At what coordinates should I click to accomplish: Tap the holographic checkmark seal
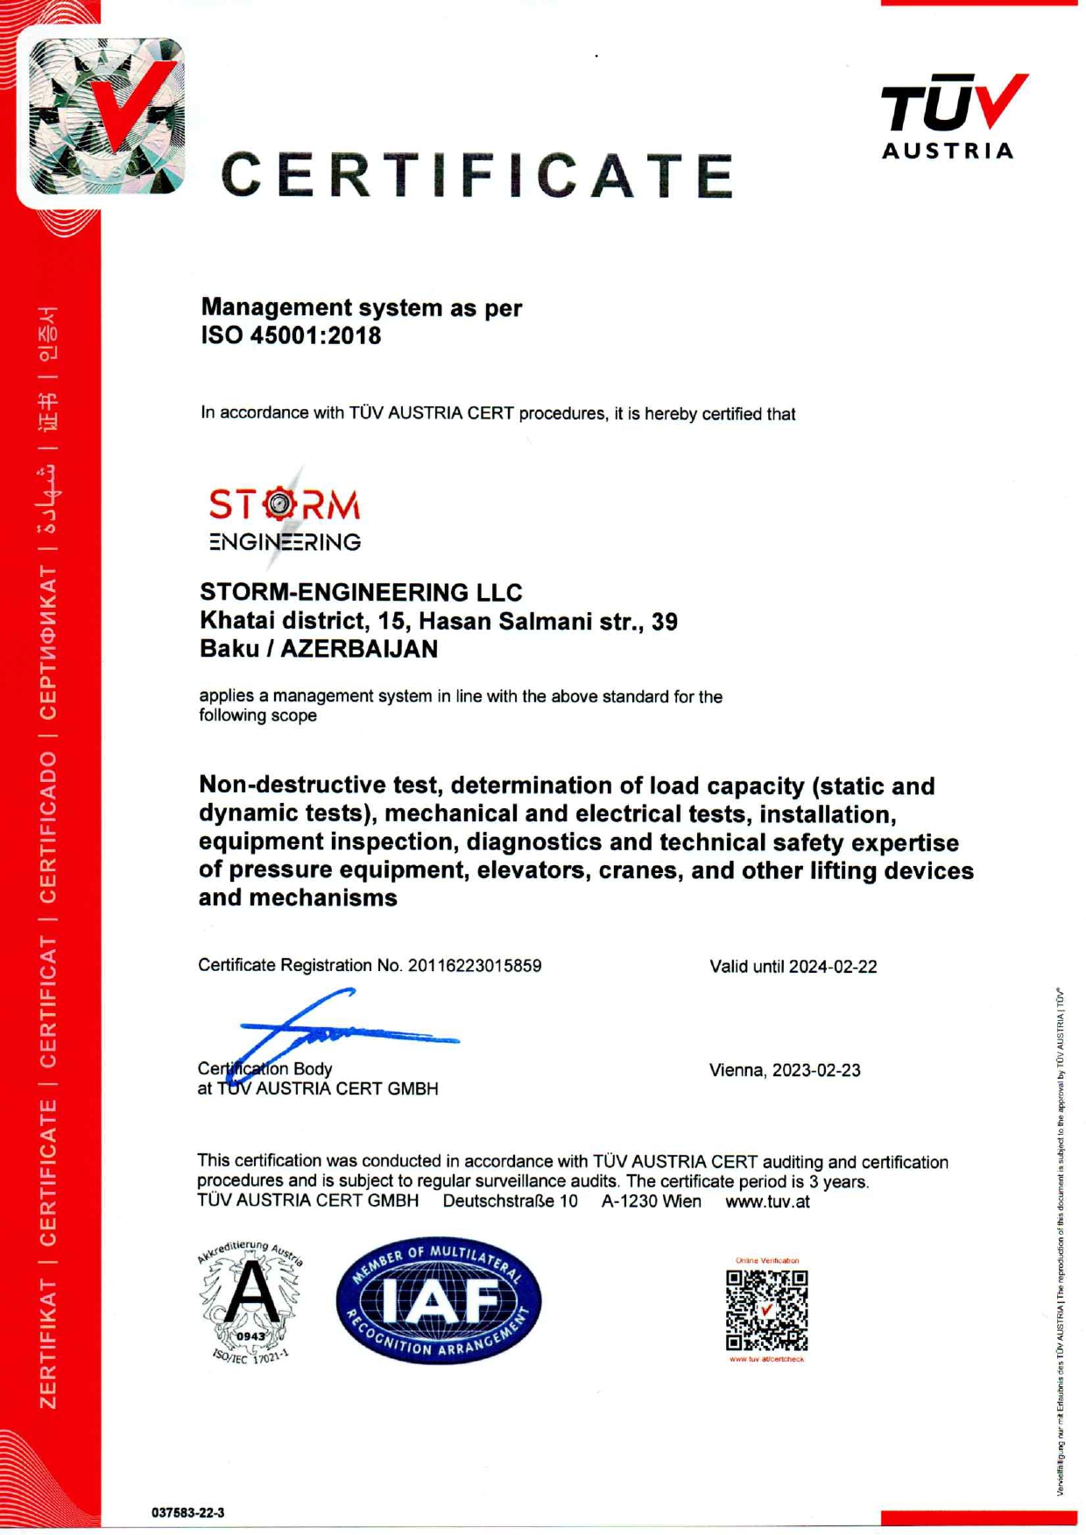coord(106,115)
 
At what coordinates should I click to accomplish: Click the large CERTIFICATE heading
coord(477,174)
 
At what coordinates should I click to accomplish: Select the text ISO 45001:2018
coord(291,335)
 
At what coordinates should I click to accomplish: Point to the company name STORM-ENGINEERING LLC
coord(361,593)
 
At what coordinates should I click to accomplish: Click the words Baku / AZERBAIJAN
coord(319,649)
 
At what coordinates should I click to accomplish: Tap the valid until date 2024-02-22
coord(832,967)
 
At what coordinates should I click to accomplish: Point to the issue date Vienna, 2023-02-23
coord(785,1070)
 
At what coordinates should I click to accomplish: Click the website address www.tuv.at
coord(767,1201)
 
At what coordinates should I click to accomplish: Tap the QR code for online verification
coord(766,1310)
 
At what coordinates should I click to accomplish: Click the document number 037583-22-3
coord(187,1512)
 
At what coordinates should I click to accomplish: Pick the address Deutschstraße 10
coord(510,1201)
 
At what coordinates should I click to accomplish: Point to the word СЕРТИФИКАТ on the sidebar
coord(48,642)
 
